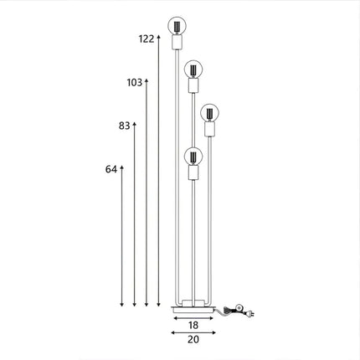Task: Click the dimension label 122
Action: click(146, 39)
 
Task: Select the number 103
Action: click(135, 82)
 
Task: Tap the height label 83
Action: click(125, 126)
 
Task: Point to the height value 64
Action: click(111, 168)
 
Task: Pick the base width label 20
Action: click(193, 339)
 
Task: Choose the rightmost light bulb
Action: click(209, 111)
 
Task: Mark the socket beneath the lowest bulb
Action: click(193, 172)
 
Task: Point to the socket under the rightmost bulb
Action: click(209, 129)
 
